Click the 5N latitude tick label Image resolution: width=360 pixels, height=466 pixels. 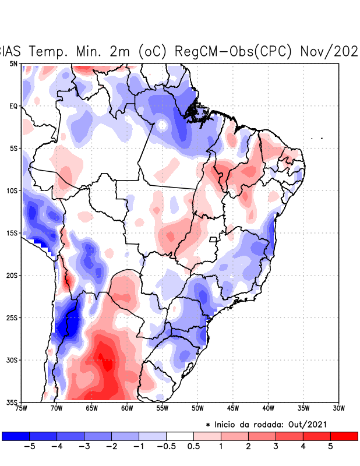coord(13,63)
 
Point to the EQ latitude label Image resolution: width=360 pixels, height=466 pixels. coord(13,106)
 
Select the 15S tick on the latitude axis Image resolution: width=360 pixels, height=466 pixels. coord(12,233)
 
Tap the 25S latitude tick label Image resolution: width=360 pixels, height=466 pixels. coord(12,317)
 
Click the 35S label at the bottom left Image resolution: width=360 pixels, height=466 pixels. coord(12,402)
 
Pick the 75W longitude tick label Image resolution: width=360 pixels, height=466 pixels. coord(22,408)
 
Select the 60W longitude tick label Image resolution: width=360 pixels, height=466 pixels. coord(127,408)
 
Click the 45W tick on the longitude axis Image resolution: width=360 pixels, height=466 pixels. coord(232,408)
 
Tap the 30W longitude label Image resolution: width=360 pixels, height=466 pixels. coord(338,408)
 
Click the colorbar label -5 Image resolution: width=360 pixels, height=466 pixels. coord(29,447)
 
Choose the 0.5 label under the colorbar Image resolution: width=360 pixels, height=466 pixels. coord(194,447)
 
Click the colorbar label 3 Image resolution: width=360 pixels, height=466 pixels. coord(276,447)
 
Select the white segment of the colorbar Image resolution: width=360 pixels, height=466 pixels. coord(180,436)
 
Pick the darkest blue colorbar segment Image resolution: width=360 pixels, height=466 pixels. coord(16,436)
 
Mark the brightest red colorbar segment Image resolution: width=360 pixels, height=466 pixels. coord(344,436)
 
